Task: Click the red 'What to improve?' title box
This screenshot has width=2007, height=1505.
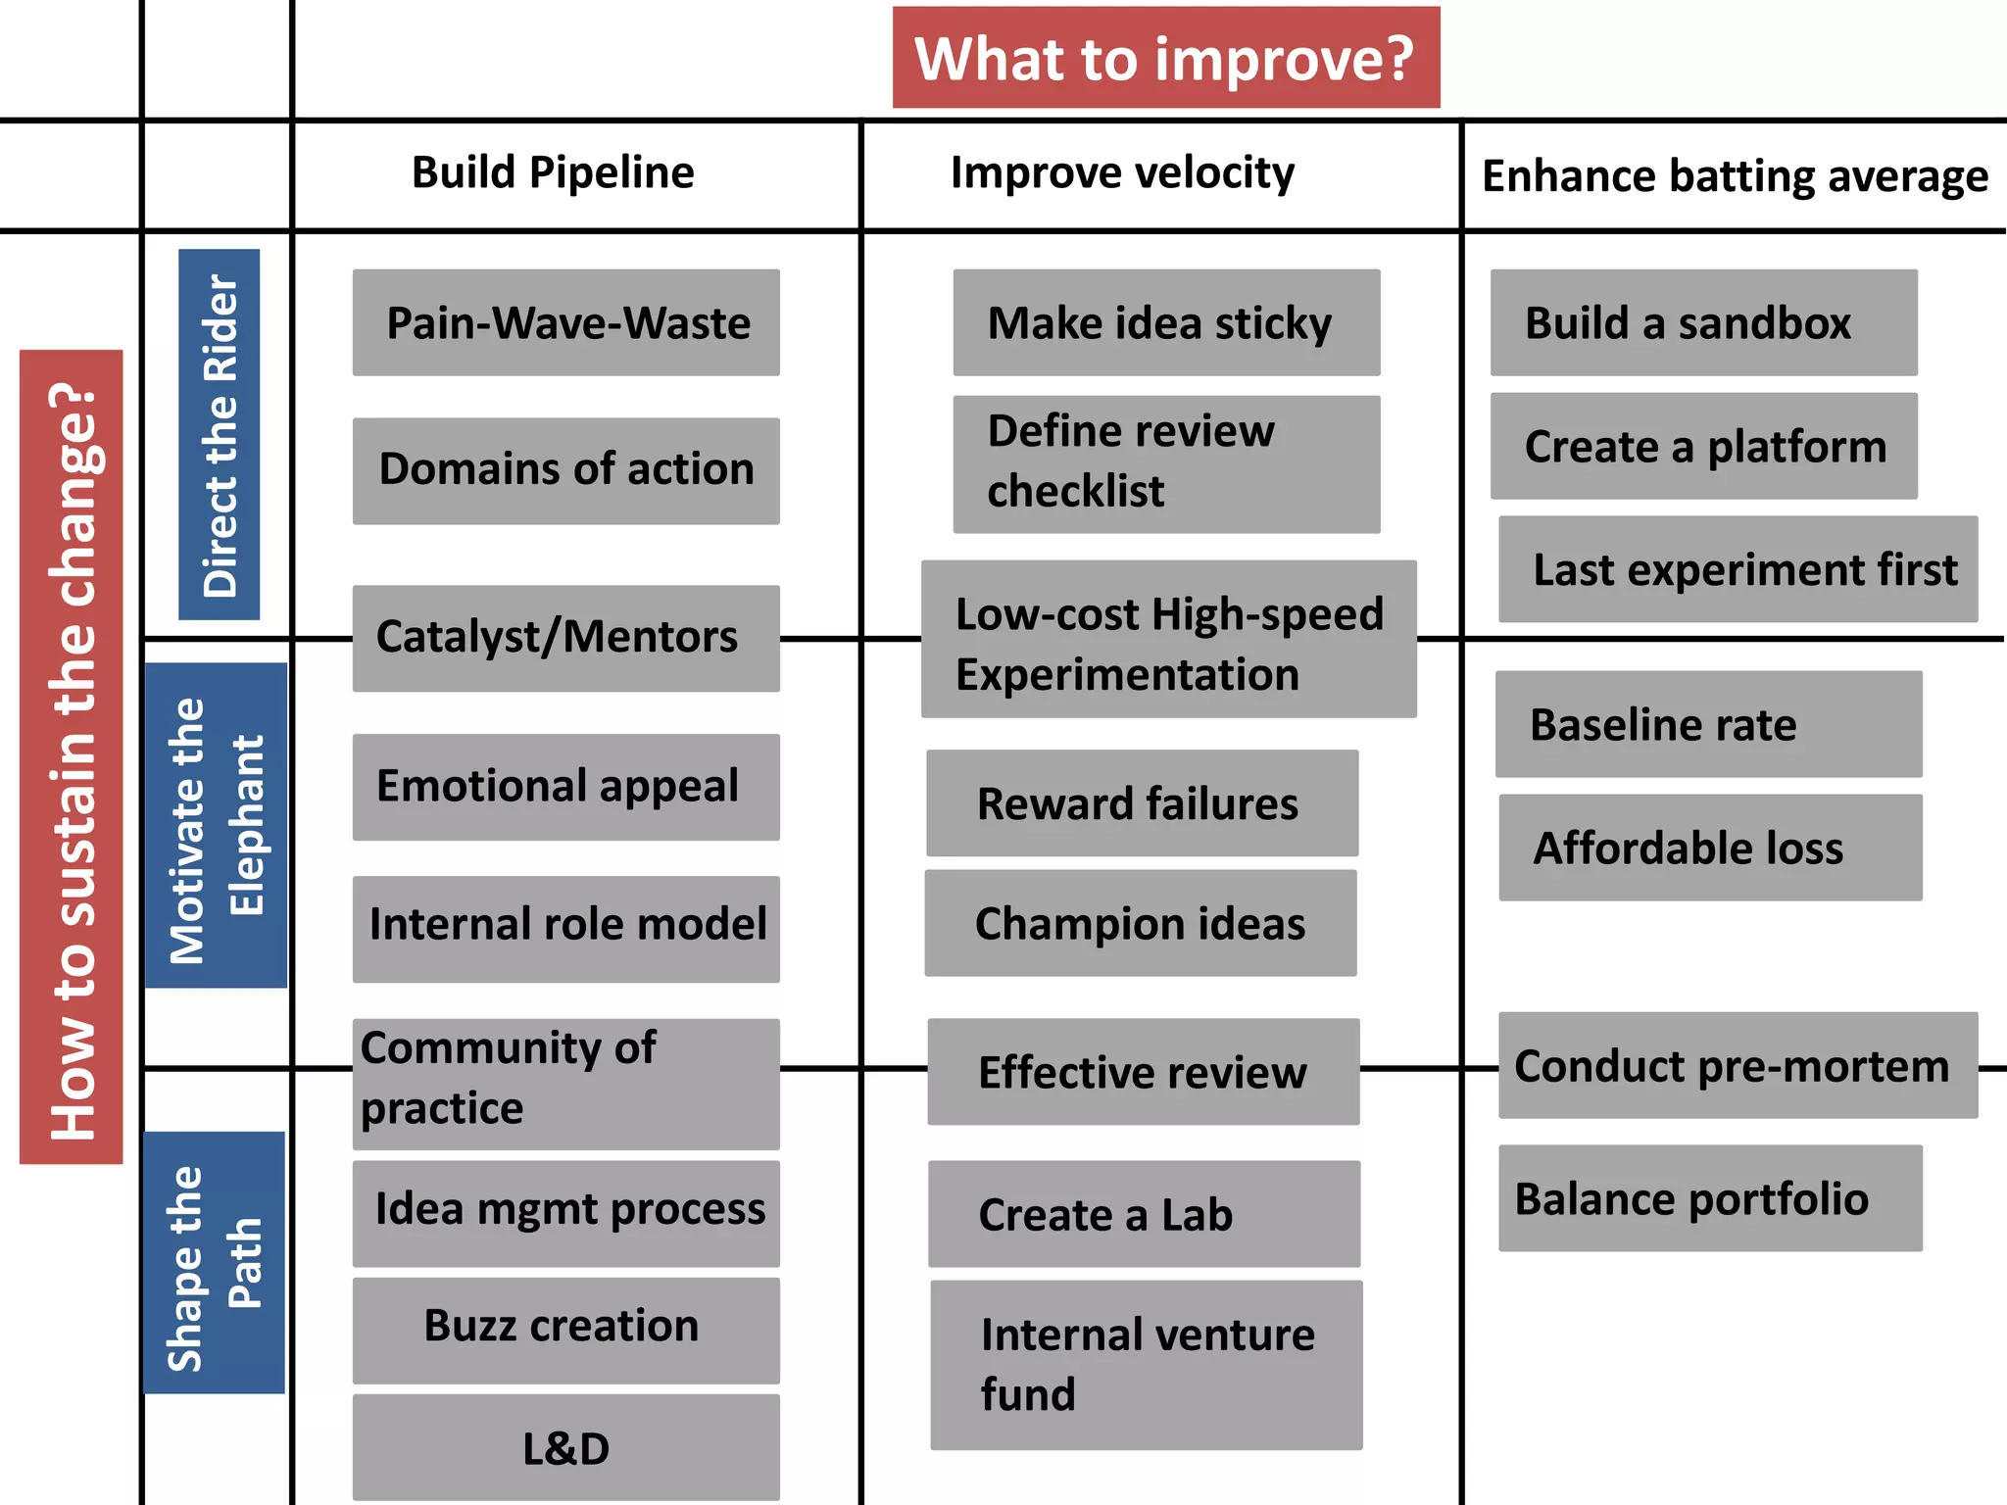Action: point(1165,58)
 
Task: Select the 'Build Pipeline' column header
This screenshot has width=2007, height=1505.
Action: point(553,172)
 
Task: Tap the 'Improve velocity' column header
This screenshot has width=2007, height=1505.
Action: point(1122,172)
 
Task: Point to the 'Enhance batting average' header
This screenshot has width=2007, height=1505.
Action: point(1735,176)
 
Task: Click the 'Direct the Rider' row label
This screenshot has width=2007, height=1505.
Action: point(220,434)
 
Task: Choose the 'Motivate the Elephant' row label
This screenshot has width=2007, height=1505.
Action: point(217,825)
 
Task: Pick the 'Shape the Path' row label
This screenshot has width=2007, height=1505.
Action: point(215,1263)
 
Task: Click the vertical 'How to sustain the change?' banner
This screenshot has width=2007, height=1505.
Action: point(72,756)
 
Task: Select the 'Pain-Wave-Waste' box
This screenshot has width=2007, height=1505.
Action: point(566,322)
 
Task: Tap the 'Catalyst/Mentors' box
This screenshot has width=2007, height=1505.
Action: point(566,638)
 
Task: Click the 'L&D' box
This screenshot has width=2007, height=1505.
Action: point(566,1447)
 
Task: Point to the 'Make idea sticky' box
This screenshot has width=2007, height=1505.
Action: point(1166,322)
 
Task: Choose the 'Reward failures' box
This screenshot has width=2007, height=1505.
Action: point(1142,803)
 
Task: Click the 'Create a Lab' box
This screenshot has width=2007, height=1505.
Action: point(1144,1214)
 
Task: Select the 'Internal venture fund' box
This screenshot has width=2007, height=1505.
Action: point(1146,1365)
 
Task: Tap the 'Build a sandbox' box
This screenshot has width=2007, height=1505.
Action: point(1703,322)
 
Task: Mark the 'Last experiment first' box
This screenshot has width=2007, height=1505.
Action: point(1738,569)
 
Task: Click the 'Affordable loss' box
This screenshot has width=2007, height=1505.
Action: point(1710,848)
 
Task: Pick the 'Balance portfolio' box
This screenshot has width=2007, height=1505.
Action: point(1710,1198)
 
